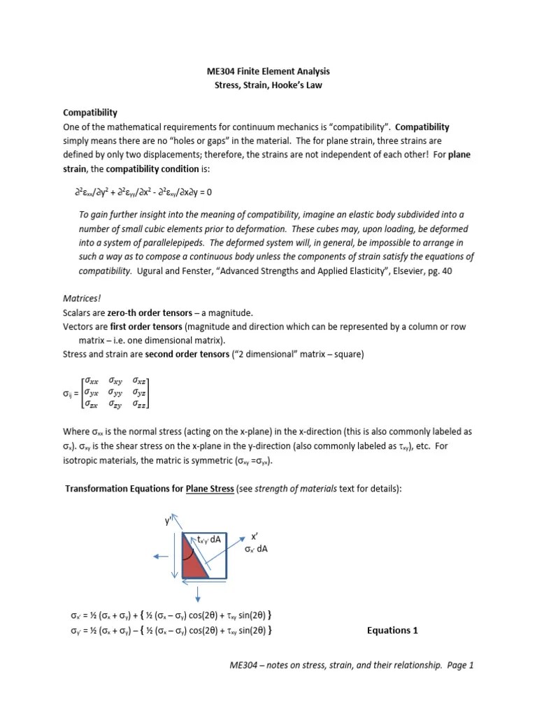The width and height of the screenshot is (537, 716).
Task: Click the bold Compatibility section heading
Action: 90,113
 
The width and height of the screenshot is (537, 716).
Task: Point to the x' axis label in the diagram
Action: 256,536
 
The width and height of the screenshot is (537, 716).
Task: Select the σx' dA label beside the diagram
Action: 256,549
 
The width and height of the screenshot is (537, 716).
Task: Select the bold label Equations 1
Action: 392,630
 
